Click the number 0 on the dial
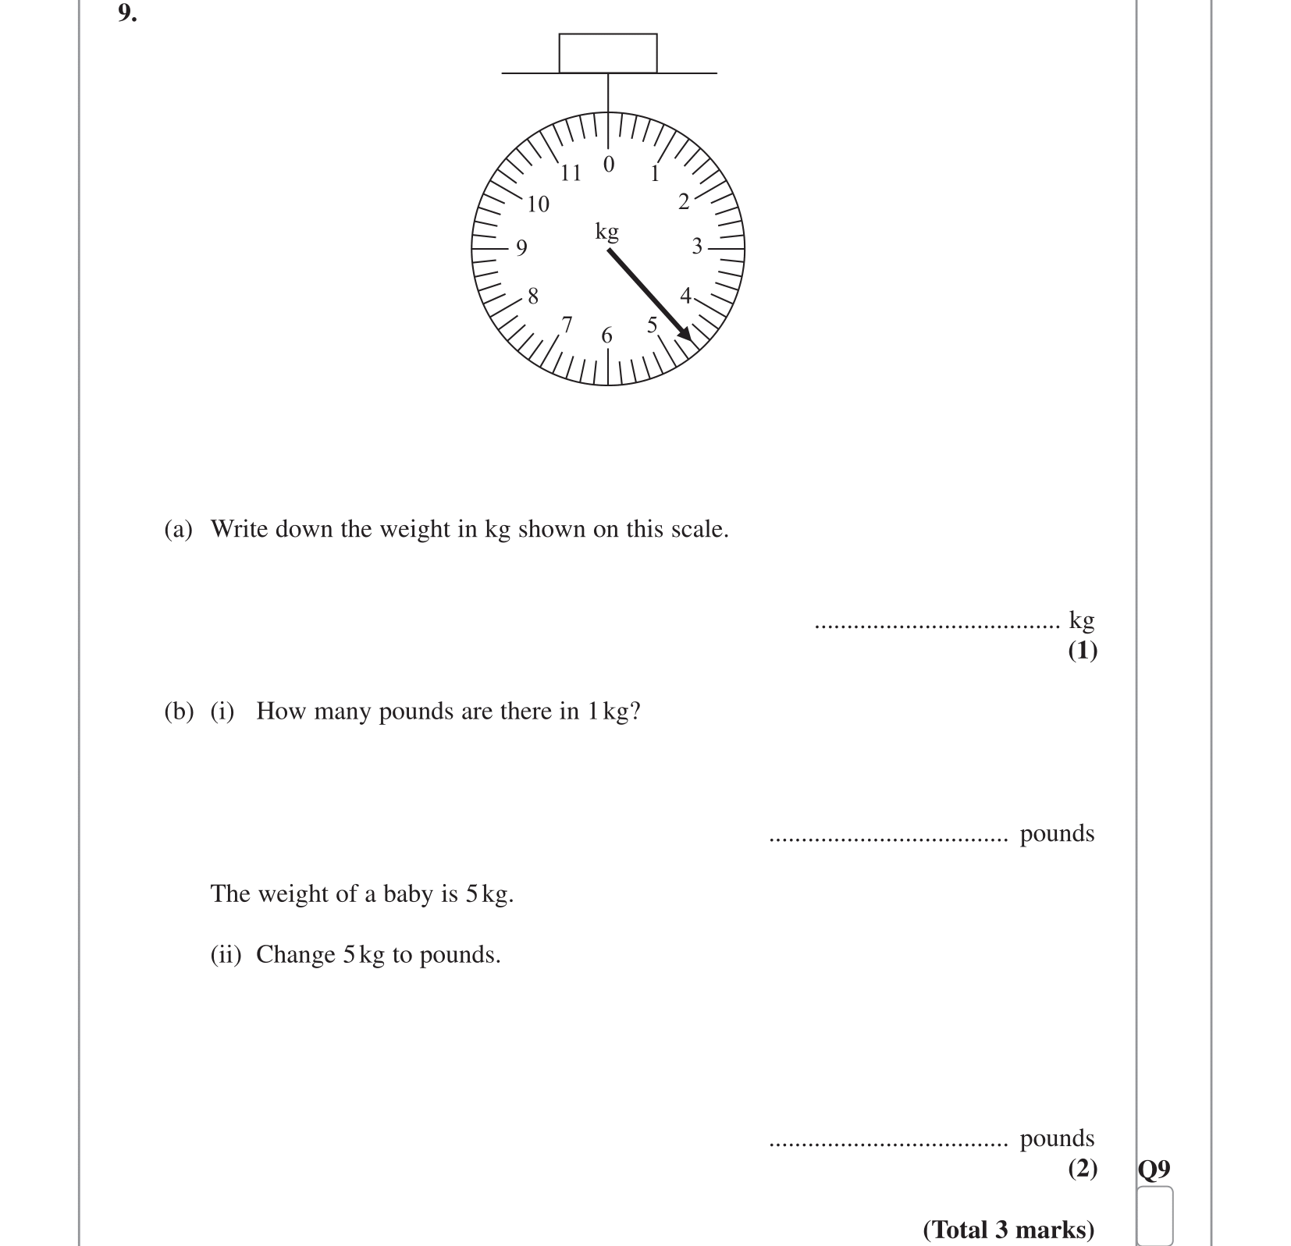[609, 165]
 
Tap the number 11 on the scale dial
[571, 172]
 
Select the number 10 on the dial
[538, 204]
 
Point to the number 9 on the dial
[521, 247]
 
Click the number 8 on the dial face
[533, 296]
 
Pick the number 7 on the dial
[567, 324]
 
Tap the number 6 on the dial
[607, 335]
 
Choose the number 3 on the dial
[697, 247]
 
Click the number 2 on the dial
[684, 202]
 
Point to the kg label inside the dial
[606, 232]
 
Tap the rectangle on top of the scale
[607, 53]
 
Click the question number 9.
[127, 13]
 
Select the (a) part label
[178, 529]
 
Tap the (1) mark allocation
[1082, 650]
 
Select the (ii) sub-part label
[226, 954]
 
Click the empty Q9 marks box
[1154, 1215]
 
